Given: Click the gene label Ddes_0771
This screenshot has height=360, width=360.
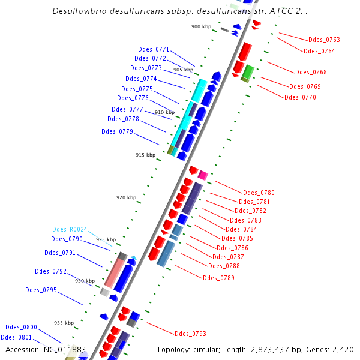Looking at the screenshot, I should coord(154,49).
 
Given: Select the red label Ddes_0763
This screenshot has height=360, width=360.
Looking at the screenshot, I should coord(325,40).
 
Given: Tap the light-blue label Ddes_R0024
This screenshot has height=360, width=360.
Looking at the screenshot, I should coord(70,229).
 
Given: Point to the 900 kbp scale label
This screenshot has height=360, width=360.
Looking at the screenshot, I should coord(201,26).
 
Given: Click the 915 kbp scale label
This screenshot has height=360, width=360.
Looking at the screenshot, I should coord(145,155).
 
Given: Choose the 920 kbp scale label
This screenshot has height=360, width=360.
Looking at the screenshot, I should coord(126,197).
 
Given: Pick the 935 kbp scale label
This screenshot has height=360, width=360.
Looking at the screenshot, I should coord(64,323).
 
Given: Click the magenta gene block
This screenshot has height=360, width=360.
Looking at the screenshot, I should coord(203,175).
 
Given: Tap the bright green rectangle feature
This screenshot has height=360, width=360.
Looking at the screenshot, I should coord(248,70).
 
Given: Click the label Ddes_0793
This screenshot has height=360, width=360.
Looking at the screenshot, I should coord(190,334).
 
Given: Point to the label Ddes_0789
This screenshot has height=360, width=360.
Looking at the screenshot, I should coord(218,278).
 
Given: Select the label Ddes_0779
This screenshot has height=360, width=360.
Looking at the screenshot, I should coord(117,131).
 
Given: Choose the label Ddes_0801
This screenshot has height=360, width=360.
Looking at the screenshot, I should coord(16,337).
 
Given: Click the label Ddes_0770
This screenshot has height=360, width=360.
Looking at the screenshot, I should coord(300,97).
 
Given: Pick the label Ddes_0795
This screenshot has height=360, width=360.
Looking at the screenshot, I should coord(41,290).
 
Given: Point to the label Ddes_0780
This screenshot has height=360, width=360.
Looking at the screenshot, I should coord(259,193).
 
